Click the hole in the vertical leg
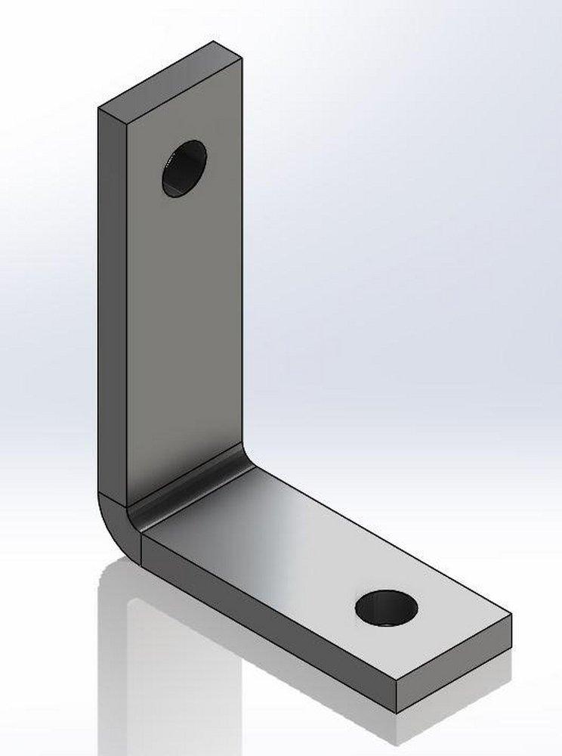(x=184, y=169)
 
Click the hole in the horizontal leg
(x=386, y=608)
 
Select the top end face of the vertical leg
(x=169, y=75)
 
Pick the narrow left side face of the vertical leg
(x=110, y=302)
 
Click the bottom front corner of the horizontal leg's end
(x=397, y=712)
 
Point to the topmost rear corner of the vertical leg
(x=214, y=41)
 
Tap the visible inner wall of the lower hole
(x=378, y=601)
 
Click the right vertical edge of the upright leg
(x=242, y=265)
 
